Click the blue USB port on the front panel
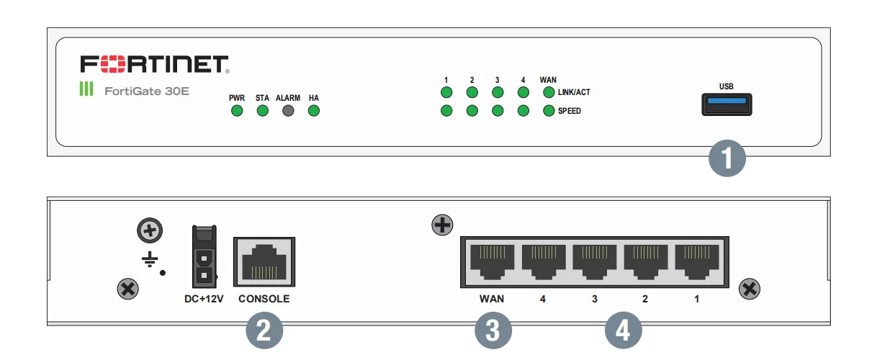coord(727,104)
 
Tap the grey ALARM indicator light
coord(288,111)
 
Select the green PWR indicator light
coord(237,111)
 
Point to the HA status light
coord(314,111)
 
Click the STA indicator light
coord(263,111)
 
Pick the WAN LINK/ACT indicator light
coord(549,92)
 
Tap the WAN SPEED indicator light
coord(549,111)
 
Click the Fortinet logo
coord(154,64)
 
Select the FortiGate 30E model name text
coord(147,91)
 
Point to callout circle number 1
coord(727,158)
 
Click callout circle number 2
coord(264,331)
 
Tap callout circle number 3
coord(493,331)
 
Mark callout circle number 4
coord(623,331)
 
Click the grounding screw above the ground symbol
coord(150,231)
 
